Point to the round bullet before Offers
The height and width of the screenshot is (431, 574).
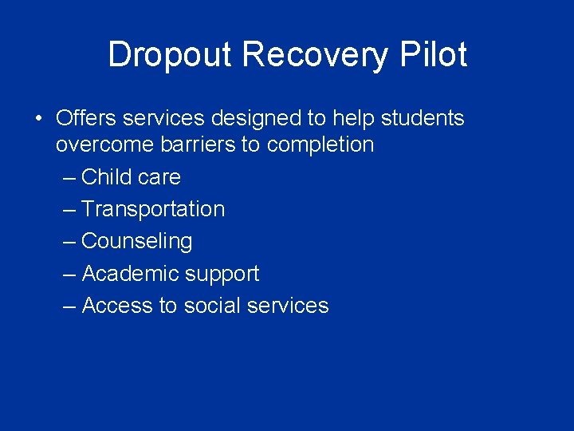pyautogui.click(x=37, y=119)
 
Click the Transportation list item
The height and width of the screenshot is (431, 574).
pyautogui.click(x=153, y=209)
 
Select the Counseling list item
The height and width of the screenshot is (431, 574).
pyautogui.click(x=137, y=241)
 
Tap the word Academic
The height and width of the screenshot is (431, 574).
pyautogui.click(x=130, y=274)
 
